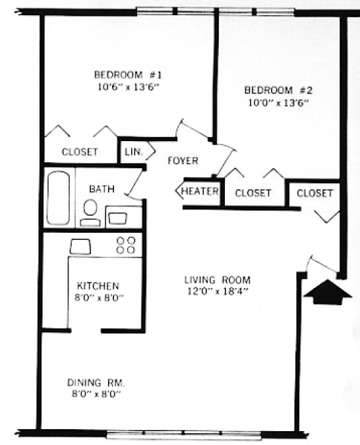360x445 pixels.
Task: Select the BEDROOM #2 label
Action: [x=278, y=90]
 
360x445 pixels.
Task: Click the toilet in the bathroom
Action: [x=90, y=210]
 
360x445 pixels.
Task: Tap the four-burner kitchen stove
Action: [x=126, y=245]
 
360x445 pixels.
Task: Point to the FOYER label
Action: [x=183, y=161]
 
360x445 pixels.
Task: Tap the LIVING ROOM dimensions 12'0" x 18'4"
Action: [x=217, y=291]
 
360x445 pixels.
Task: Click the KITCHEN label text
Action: [x=98, y=286]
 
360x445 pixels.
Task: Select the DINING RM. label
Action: [x=96, y=382]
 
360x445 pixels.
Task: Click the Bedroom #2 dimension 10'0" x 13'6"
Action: [x=278, y=102]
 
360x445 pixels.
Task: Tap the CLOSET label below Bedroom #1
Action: [x=80, y=152]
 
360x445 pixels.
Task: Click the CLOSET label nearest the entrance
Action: [x=315, y=193]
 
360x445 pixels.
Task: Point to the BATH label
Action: [x=102, y=189]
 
